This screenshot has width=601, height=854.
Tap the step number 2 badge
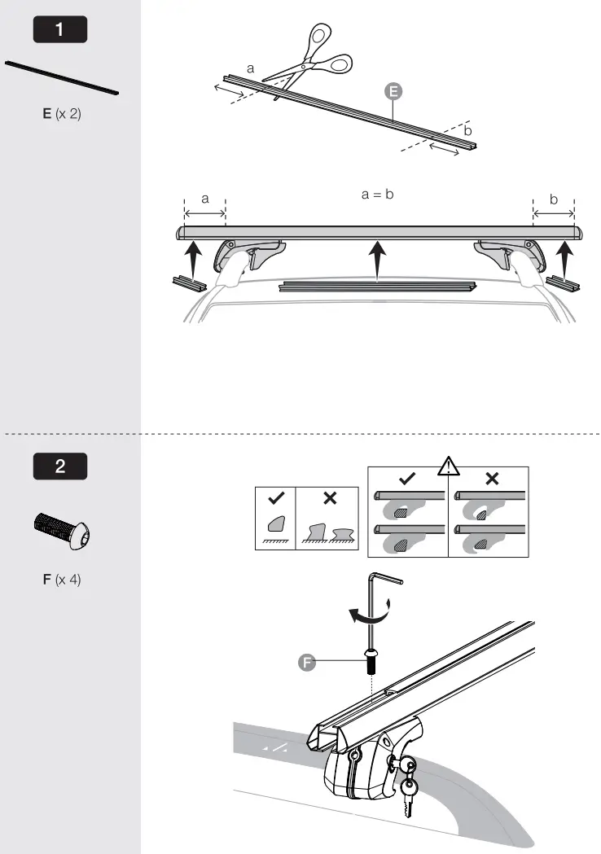point(59,467)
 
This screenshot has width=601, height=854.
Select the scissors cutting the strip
point(309,60)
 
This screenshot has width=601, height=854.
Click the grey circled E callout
point(393,92)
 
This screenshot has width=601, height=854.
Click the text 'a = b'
point(377,195)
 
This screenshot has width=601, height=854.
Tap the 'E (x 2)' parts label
point(62,114)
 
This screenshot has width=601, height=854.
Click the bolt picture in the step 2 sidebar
point(62,532)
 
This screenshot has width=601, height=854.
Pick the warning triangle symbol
point(449,466)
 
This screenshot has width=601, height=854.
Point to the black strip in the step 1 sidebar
point(62,78)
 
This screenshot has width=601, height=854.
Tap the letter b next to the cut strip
point(467,130)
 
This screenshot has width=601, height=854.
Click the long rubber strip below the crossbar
point(376,286)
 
